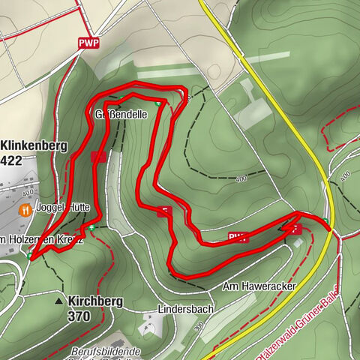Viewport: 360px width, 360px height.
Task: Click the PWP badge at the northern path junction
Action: coord(88,43)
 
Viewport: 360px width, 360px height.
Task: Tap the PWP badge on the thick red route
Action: coord(238,238)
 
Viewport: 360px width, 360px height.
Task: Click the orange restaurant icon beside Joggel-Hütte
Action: coord(25,210)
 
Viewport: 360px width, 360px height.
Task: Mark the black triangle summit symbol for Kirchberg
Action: coord(58,301)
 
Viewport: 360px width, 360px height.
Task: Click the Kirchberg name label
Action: coord(96,301)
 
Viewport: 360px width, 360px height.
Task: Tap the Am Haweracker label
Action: coord(259,286)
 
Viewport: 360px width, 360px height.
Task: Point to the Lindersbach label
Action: coord(186,308)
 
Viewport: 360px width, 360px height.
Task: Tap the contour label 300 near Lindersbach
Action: coord(197,327)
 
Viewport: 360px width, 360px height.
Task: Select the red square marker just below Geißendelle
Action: coord(97,157)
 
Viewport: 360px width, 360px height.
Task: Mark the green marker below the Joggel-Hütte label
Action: coord(91,227)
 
